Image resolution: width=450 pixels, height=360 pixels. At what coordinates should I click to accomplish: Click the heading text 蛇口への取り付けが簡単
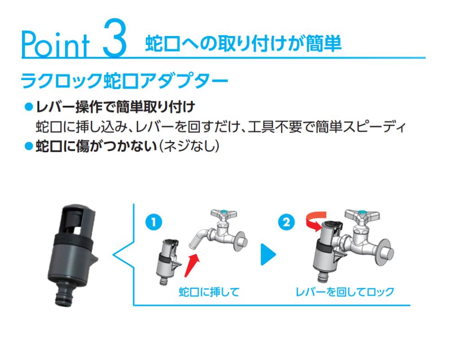tap(243, 45)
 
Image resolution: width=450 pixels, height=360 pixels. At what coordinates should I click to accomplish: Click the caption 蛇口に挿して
tap(209, 292)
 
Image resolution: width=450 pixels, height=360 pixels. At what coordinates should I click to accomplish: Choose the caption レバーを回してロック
tap(344, 292)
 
